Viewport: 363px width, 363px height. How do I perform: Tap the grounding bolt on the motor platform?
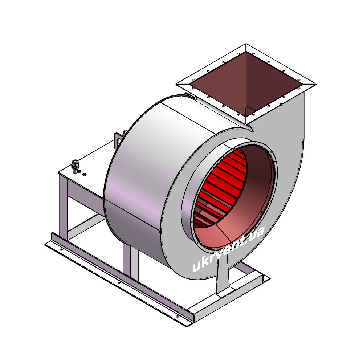[x=75, y=166]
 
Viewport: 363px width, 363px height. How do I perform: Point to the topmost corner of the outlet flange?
[x=246, y=44]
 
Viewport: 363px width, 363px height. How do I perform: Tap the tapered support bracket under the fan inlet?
[x=223, y=273]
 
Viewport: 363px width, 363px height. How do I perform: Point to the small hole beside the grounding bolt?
[x=85, y=174]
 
